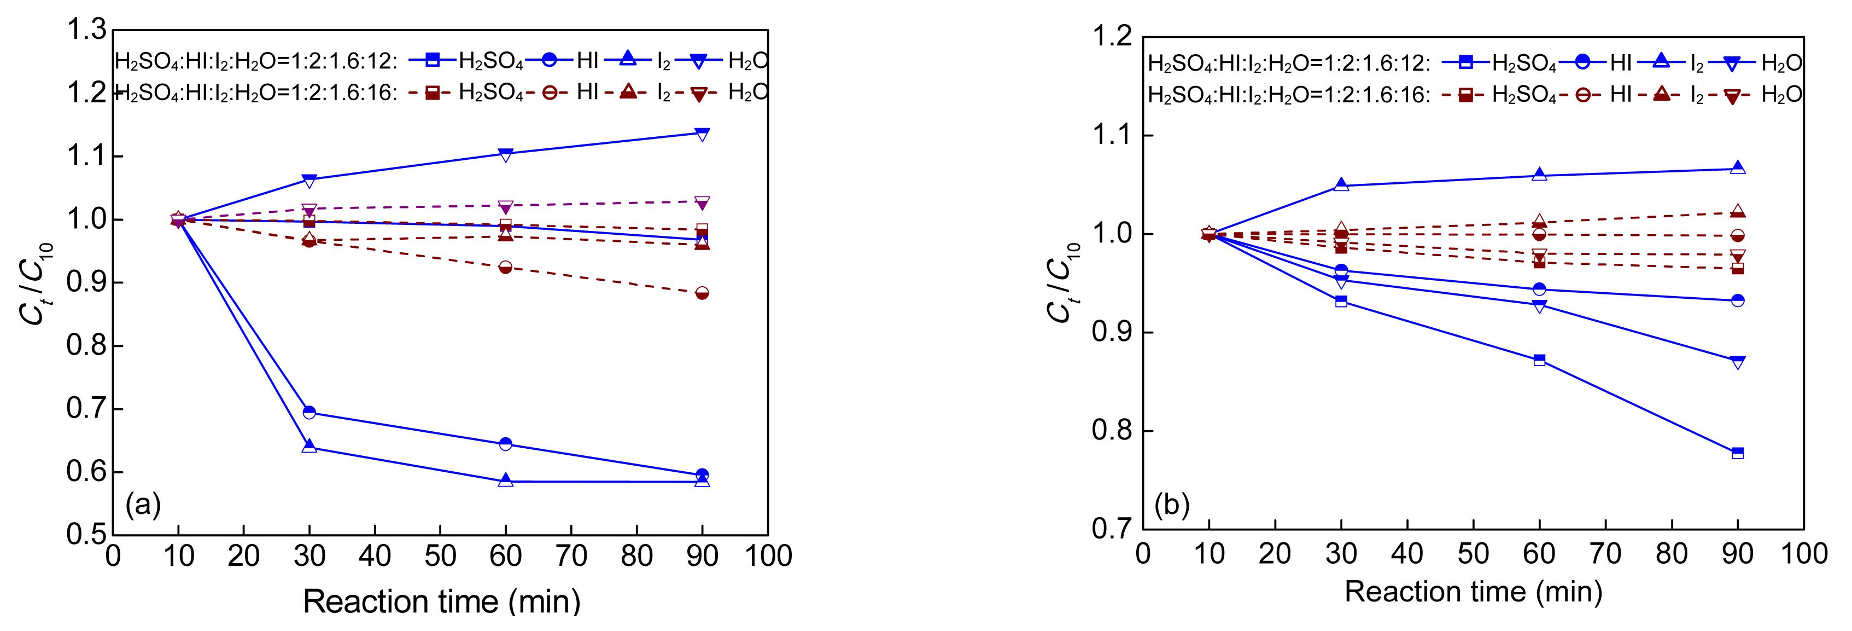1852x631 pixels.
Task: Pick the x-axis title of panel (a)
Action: pos(441,601)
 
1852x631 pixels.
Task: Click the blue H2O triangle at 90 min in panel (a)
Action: pos(703,133)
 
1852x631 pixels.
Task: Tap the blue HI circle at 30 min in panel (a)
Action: pos(309,412)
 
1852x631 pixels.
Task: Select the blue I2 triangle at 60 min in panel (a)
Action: pos(505,480)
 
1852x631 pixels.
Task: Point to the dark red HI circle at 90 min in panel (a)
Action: pos(703,293)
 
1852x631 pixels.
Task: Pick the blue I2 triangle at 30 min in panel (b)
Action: pos(1341,185)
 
